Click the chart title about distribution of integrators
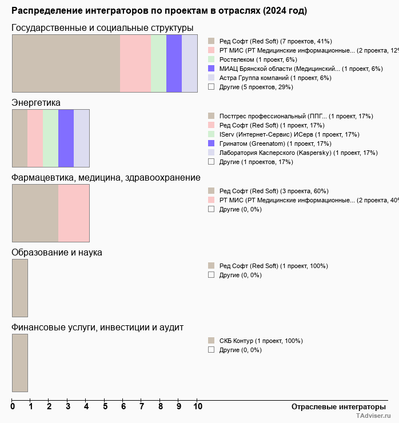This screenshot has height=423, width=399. point(159,11)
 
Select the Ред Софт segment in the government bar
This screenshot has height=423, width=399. point(66,63)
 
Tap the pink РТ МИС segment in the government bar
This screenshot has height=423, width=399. point(135,63)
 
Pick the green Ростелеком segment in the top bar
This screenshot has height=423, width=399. point(158,63)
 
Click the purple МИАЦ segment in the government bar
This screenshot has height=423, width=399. point(174,63)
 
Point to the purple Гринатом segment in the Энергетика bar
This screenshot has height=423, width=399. point(66,138)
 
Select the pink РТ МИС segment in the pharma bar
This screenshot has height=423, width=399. point(74,213)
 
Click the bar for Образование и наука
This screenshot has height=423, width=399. point(20,288)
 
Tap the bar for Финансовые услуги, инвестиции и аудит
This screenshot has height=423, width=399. point(20,362)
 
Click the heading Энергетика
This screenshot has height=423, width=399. point(36,103)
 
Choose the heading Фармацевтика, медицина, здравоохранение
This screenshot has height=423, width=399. point(106,178)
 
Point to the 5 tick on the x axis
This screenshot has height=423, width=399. point(105,406)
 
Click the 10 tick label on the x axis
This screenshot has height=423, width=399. point(197,406)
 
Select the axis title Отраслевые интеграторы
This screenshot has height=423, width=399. point(334,406)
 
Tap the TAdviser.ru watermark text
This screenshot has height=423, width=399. point(373,416)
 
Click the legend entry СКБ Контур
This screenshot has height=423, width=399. point(261,341)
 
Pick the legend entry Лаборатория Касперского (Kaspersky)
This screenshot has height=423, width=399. point(298,153)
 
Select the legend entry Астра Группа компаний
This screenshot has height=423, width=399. point(275,78)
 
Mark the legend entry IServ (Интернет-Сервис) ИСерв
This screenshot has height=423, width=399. point(289,134)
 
